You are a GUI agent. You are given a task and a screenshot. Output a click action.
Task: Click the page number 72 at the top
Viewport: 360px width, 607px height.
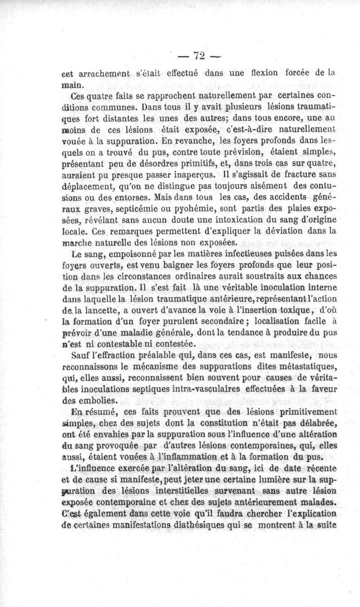199,56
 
